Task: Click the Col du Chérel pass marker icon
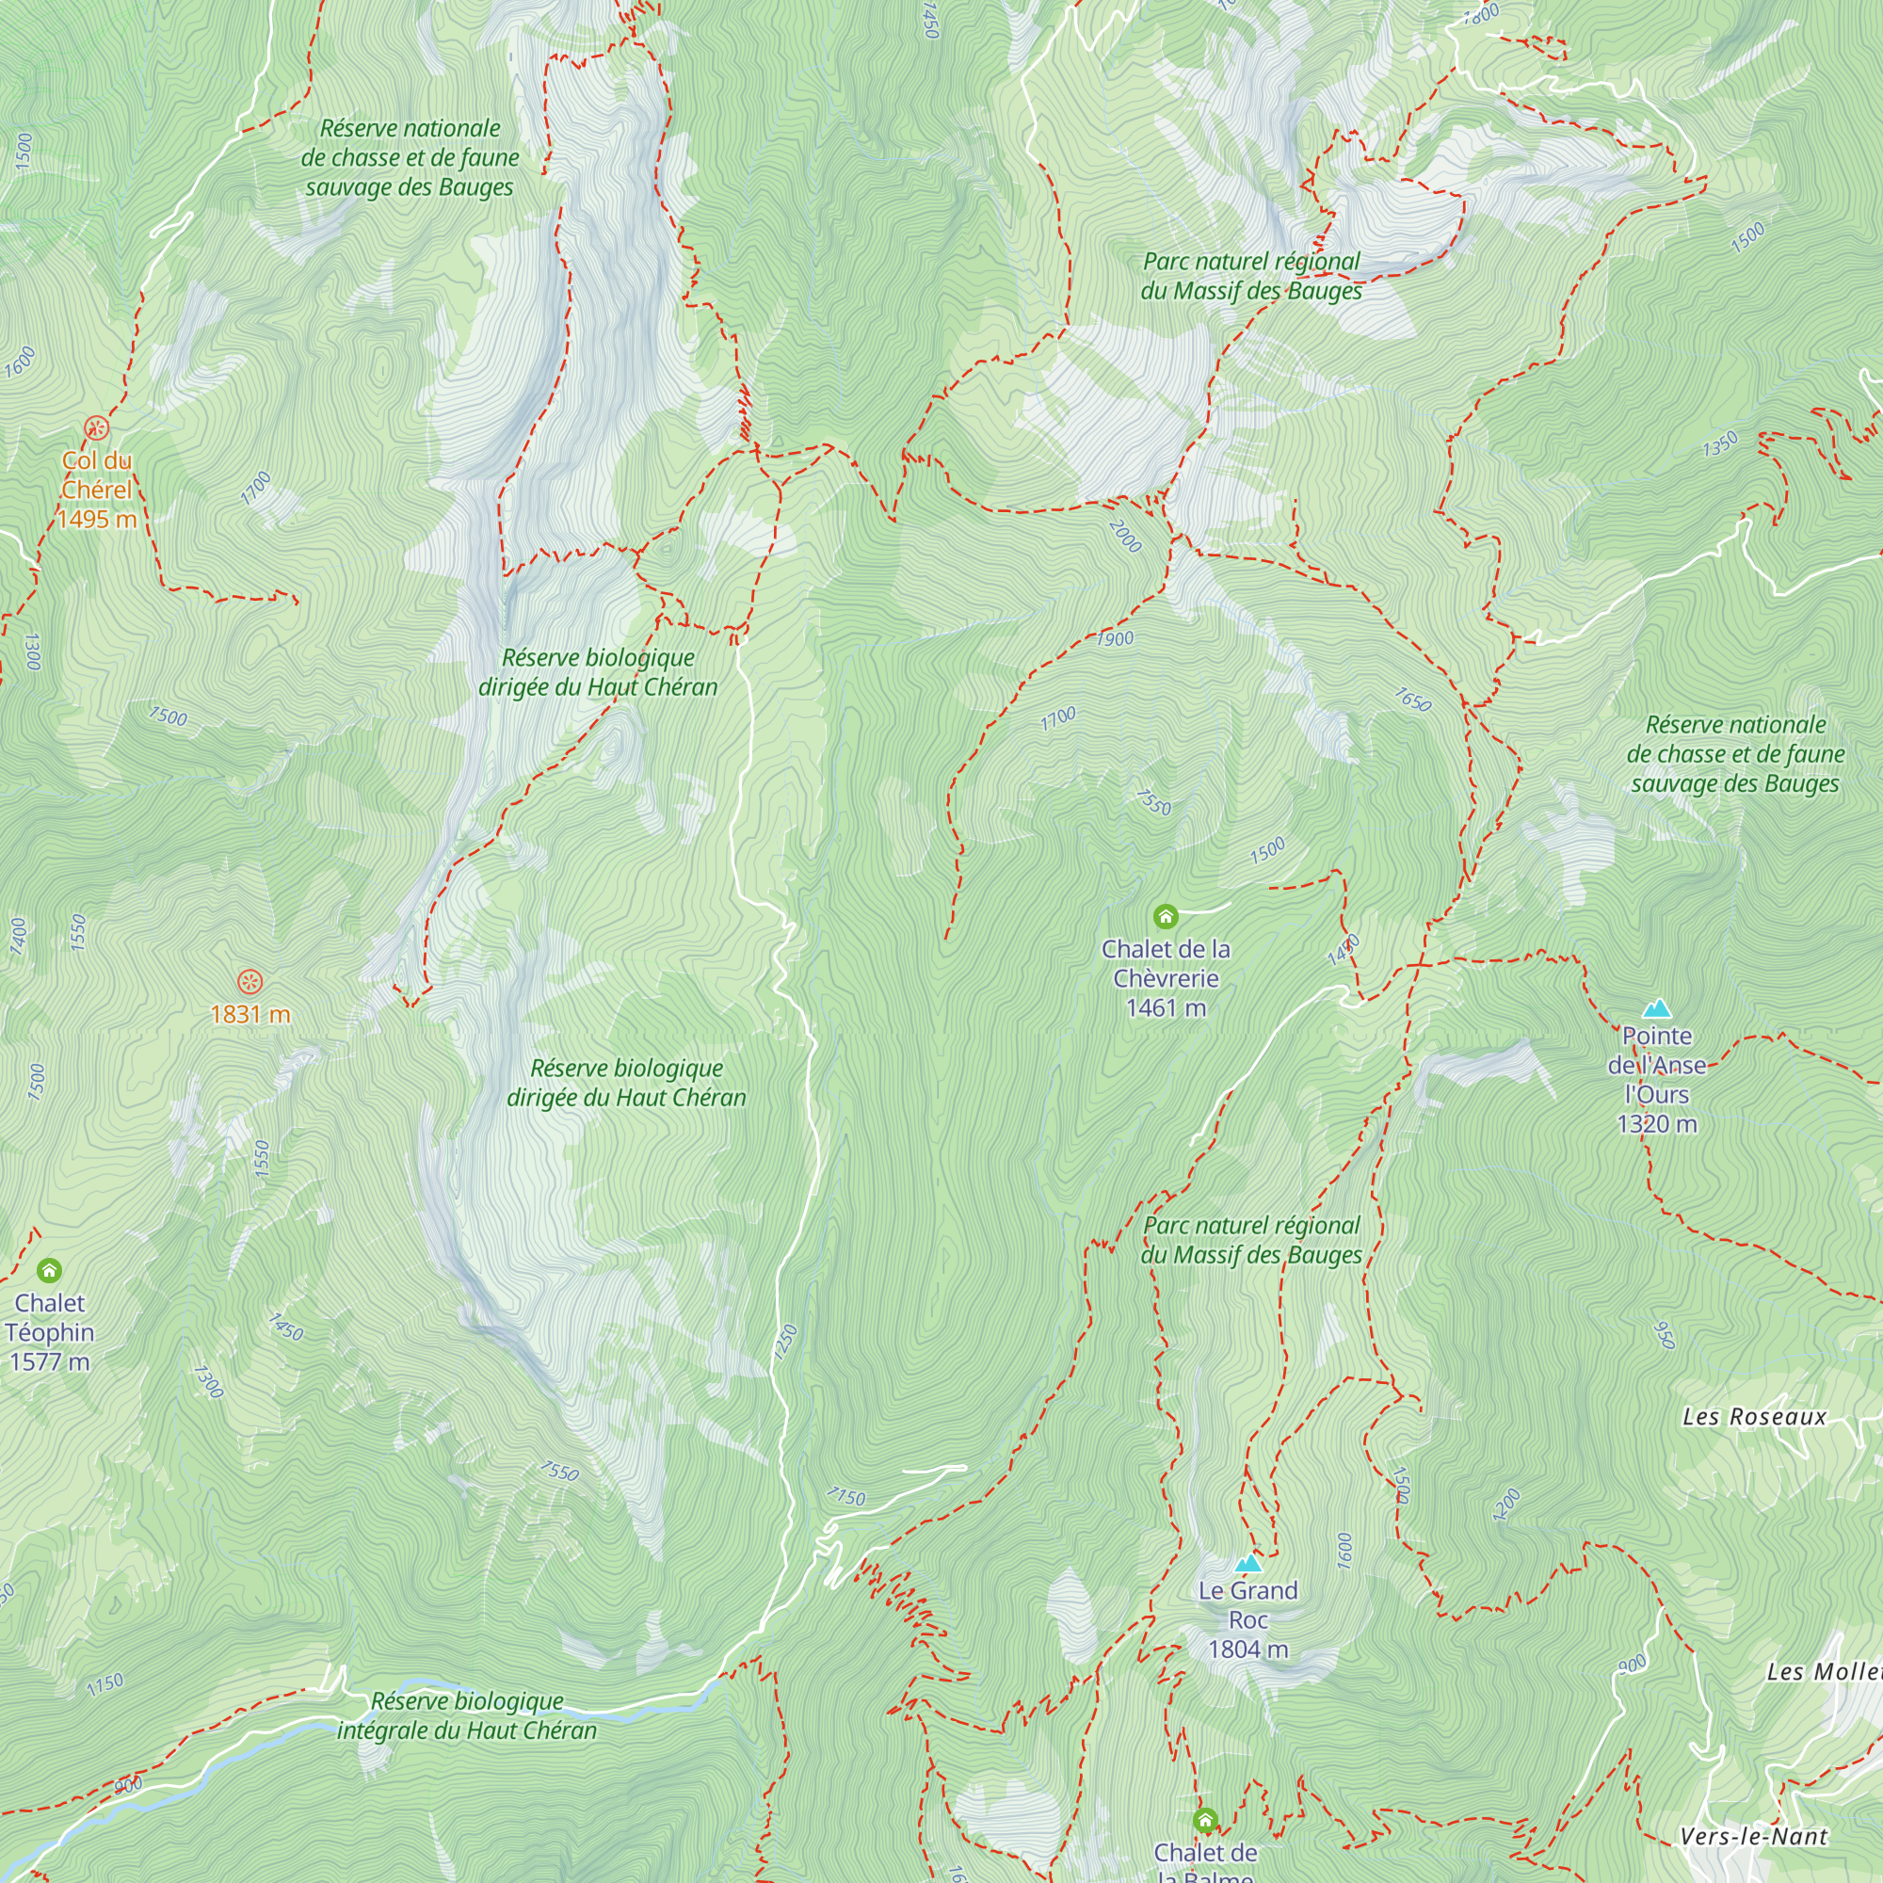(95, 427)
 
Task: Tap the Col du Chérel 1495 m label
(95, 490)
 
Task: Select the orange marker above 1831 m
(250, 981)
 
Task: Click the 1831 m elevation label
(250, 1015)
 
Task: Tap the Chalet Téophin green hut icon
(49, 1270)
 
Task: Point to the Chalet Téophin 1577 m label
(50, 1332)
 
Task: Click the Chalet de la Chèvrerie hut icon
(1166, 916)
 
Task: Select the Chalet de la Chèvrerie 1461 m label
(1166, 978)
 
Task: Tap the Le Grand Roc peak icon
(1248, 1564)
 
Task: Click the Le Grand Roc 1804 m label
(1248, 1619)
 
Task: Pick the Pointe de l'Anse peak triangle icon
(1657, 1008)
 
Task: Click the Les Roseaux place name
(1754, 1417)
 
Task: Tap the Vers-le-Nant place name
(1754, 1837)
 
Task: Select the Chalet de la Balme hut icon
(1206, 1820)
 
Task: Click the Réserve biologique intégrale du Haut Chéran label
(467, 1715)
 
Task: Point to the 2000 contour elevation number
(1125, 536)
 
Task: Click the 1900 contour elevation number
(1115, 639)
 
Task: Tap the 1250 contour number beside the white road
(785, 1342)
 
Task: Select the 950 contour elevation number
(1665, 1335)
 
